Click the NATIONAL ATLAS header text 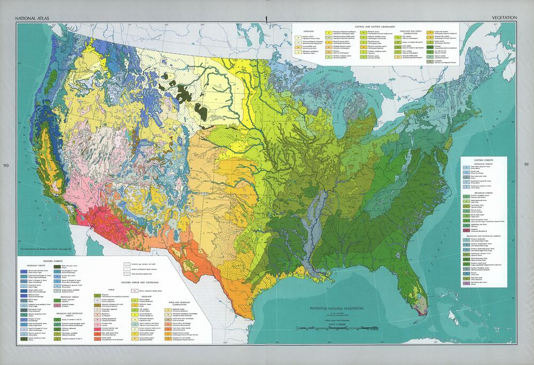[33, 18]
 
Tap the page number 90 [6, 164]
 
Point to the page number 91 [527, 164]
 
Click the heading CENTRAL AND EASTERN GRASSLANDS [374, 26]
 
